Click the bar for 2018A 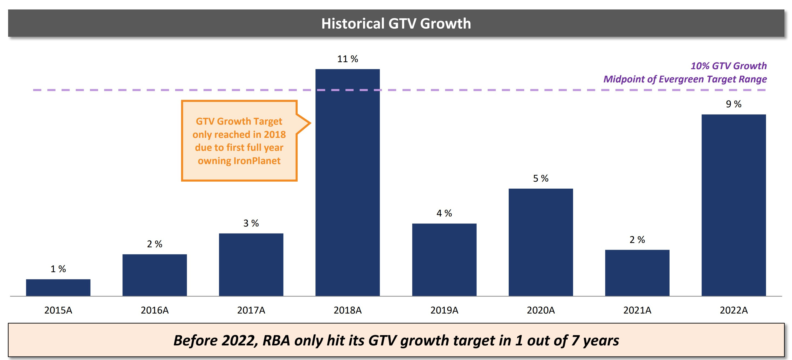click(347, 184)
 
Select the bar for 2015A click(58, 288)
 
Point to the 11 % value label click(347, 59)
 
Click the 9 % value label click(733, 104)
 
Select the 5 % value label click(541, 178)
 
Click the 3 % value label click(251, 223)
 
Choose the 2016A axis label click(155, 310)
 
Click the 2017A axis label click(251, 310)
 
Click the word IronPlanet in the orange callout click(257, 161)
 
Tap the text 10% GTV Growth click(728, 66)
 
